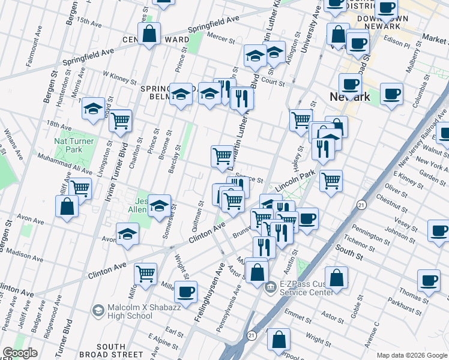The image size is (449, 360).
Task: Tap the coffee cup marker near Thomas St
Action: (x=429, y=280)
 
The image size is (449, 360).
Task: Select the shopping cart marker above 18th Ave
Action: (x=121, y=121)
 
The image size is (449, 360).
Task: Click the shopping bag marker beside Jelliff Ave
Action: (x=67, y=206)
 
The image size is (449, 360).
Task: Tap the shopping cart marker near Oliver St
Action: (x=331, y=180)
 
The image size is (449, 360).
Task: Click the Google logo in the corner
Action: (x=20, y=353)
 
